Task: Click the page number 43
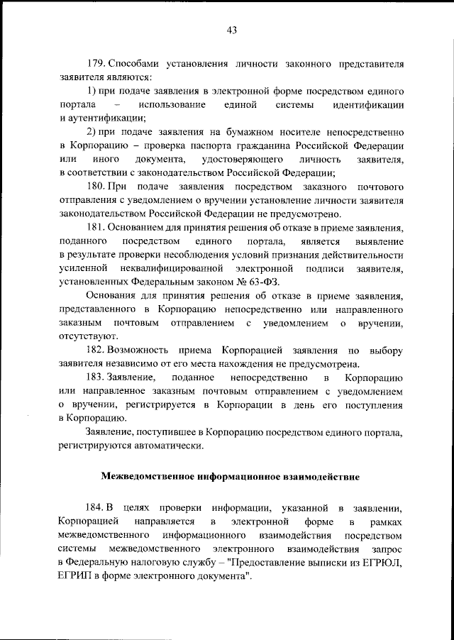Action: [x=231, y=29]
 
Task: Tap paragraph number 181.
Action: [x=95, y=227]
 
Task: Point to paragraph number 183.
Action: [x=95, y=378]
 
